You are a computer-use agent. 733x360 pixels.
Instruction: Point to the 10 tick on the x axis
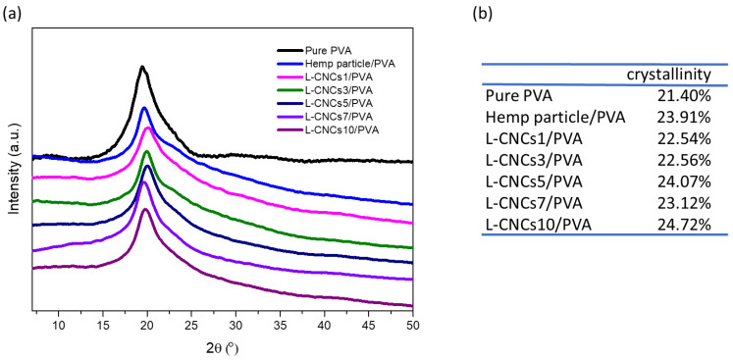[59, 325]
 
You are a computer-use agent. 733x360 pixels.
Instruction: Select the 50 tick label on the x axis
[413, 325]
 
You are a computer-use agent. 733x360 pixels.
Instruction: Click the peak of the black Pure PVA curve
[143, 67]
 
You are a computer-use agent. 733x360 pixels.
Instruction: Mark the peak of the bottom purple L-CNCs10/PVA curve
[145, 209]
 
